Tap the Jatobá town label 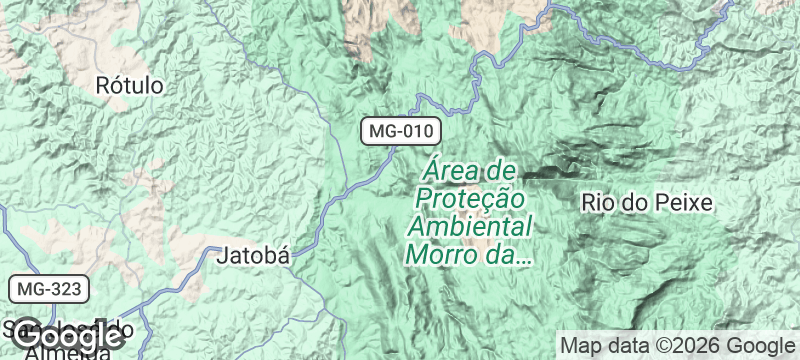254,255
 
